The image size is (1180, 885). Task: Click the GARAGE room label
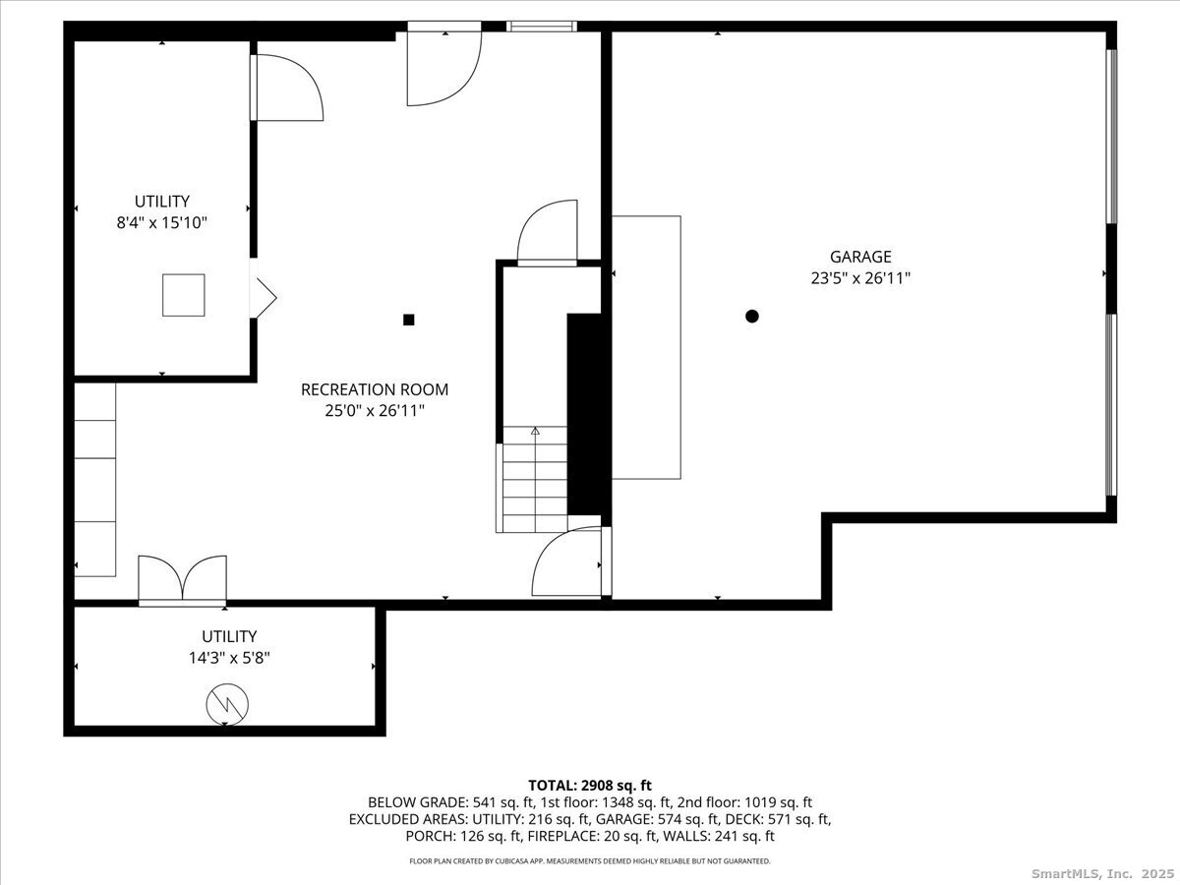(860, 257)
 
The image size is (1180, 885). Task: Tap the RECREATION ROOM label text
(375, 389)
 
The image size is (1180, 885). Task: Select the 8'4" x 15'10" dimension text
(162, 222)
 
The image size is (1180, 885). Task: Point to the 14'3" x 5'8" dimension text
(229, 658)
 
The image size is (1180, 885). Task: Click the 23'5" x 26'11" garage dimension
(860, 278)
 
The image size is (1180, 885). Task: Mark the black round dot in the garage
(752, 316)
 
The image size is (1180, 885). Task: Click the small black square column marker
(408, 320)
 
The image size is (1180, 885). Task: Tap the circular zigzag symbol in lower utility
(227, 704)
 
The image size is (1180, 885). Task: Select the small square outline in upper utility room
(184, 295)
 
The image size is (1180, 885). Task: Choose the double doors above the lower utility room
(183, 581)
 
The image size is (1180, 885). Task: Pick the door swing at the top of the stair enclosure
(548, 232)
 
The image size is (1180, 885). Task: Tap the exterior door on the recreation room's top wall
(444, 64)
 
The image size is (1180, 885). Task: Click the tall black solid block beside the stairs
(589, 414)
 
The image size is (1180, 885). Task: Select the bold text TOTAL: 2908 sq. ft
(590, 786)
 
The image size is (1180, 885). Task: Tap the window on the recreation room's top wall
(542, 27)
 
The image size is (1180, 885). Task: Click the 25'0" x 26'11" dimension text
(375, 411)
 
